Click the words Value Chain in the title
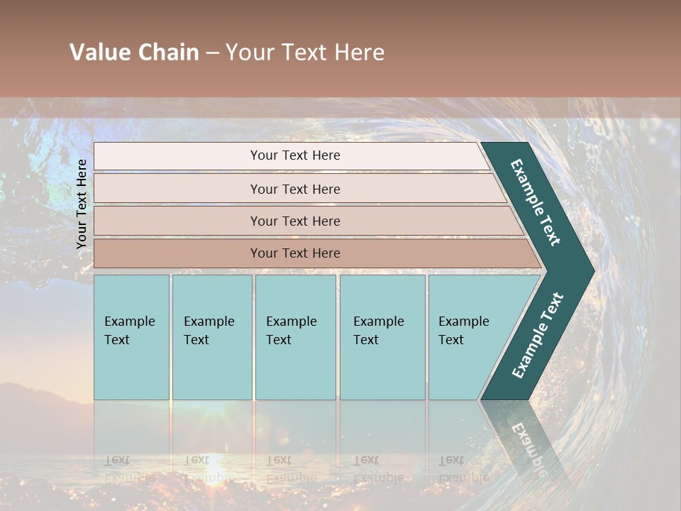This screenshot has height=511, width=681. (134, 53)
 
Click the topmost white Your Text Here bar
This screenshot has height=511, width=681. (294, 155)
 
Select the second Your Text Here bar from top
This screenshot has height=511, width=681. (294, 189)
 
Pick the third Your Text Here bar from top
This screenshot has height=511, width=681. (294, 221)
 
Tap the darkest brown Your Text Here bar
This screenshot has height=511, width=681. (294, 253)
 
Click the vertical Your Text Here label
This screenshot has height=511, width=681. (82, 204)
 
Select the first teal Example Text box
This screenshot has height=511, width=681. (131, 337)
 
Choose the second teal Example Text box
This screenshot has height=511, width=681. (211, 337)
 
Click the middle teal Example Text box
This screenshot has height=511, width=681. (295, 337)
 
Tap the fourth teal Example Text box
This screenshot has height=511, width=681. (382, 337)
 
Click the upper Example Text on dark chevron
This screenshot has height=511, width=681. (536, 202)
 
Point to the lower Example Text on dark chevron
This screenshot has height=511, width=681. (538, 336)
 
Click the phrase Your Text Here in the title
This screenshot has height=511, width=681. (305, 53)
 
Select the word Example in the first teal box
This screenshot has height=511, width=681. (129, 322)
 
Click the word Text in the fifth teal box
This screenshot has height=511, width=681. (451, 340)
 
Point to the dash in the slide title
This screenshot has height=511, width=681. (212, 53)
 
